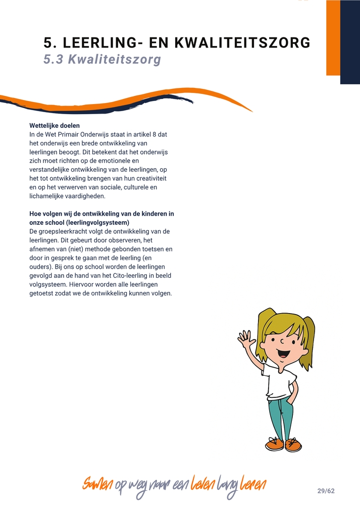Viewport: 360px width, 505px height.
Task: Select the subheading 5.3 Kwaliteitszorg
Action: click(102, 60)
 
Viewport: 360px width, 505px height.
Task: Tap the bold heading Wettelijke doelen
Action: click(55, 125)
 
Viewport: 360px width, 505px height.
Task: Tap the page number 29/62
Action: click(326, 491)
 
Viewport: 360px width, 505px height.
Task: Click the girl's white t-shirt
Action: click(279, 381)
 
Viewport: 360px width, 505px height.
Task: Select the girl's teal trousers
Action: click(280, 417)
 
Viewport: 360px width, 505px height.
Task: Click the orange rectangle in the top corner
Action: click(333, 38)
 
